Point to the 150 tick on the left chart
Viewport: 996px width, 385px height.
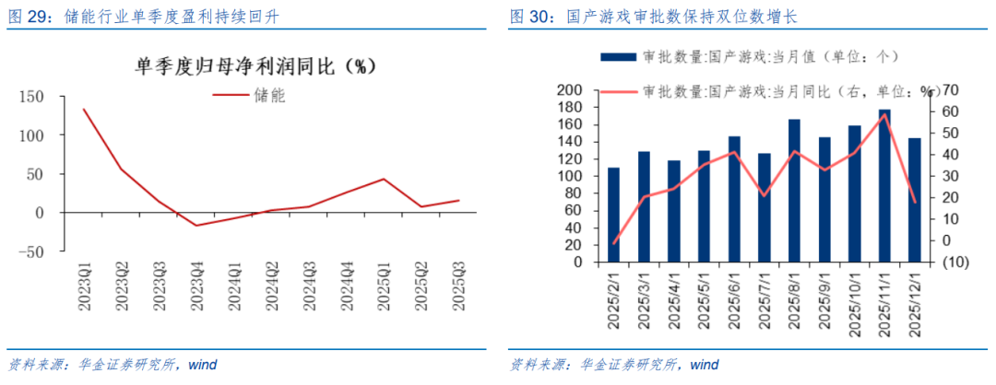click(32, 97)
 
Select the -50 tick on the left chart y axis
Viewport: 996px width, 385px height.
click(30, 251)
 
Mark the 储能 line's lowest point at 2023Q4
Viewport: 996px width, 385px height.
click(196, 225)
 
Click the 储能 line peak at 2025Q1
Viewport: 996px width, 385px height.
click(384, 179)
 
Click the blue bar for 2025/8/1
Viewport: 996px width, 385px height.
click(794, 191)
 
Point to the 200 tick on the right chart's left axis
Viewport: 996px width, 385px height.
click(569, 90)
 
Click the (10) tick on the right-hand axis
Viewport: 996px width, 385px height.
click(948, 262)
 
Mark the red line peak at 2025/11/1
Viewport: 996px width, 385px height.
click(884, 114)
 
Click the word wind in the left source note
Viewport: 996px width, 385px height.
click(202, 365)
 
